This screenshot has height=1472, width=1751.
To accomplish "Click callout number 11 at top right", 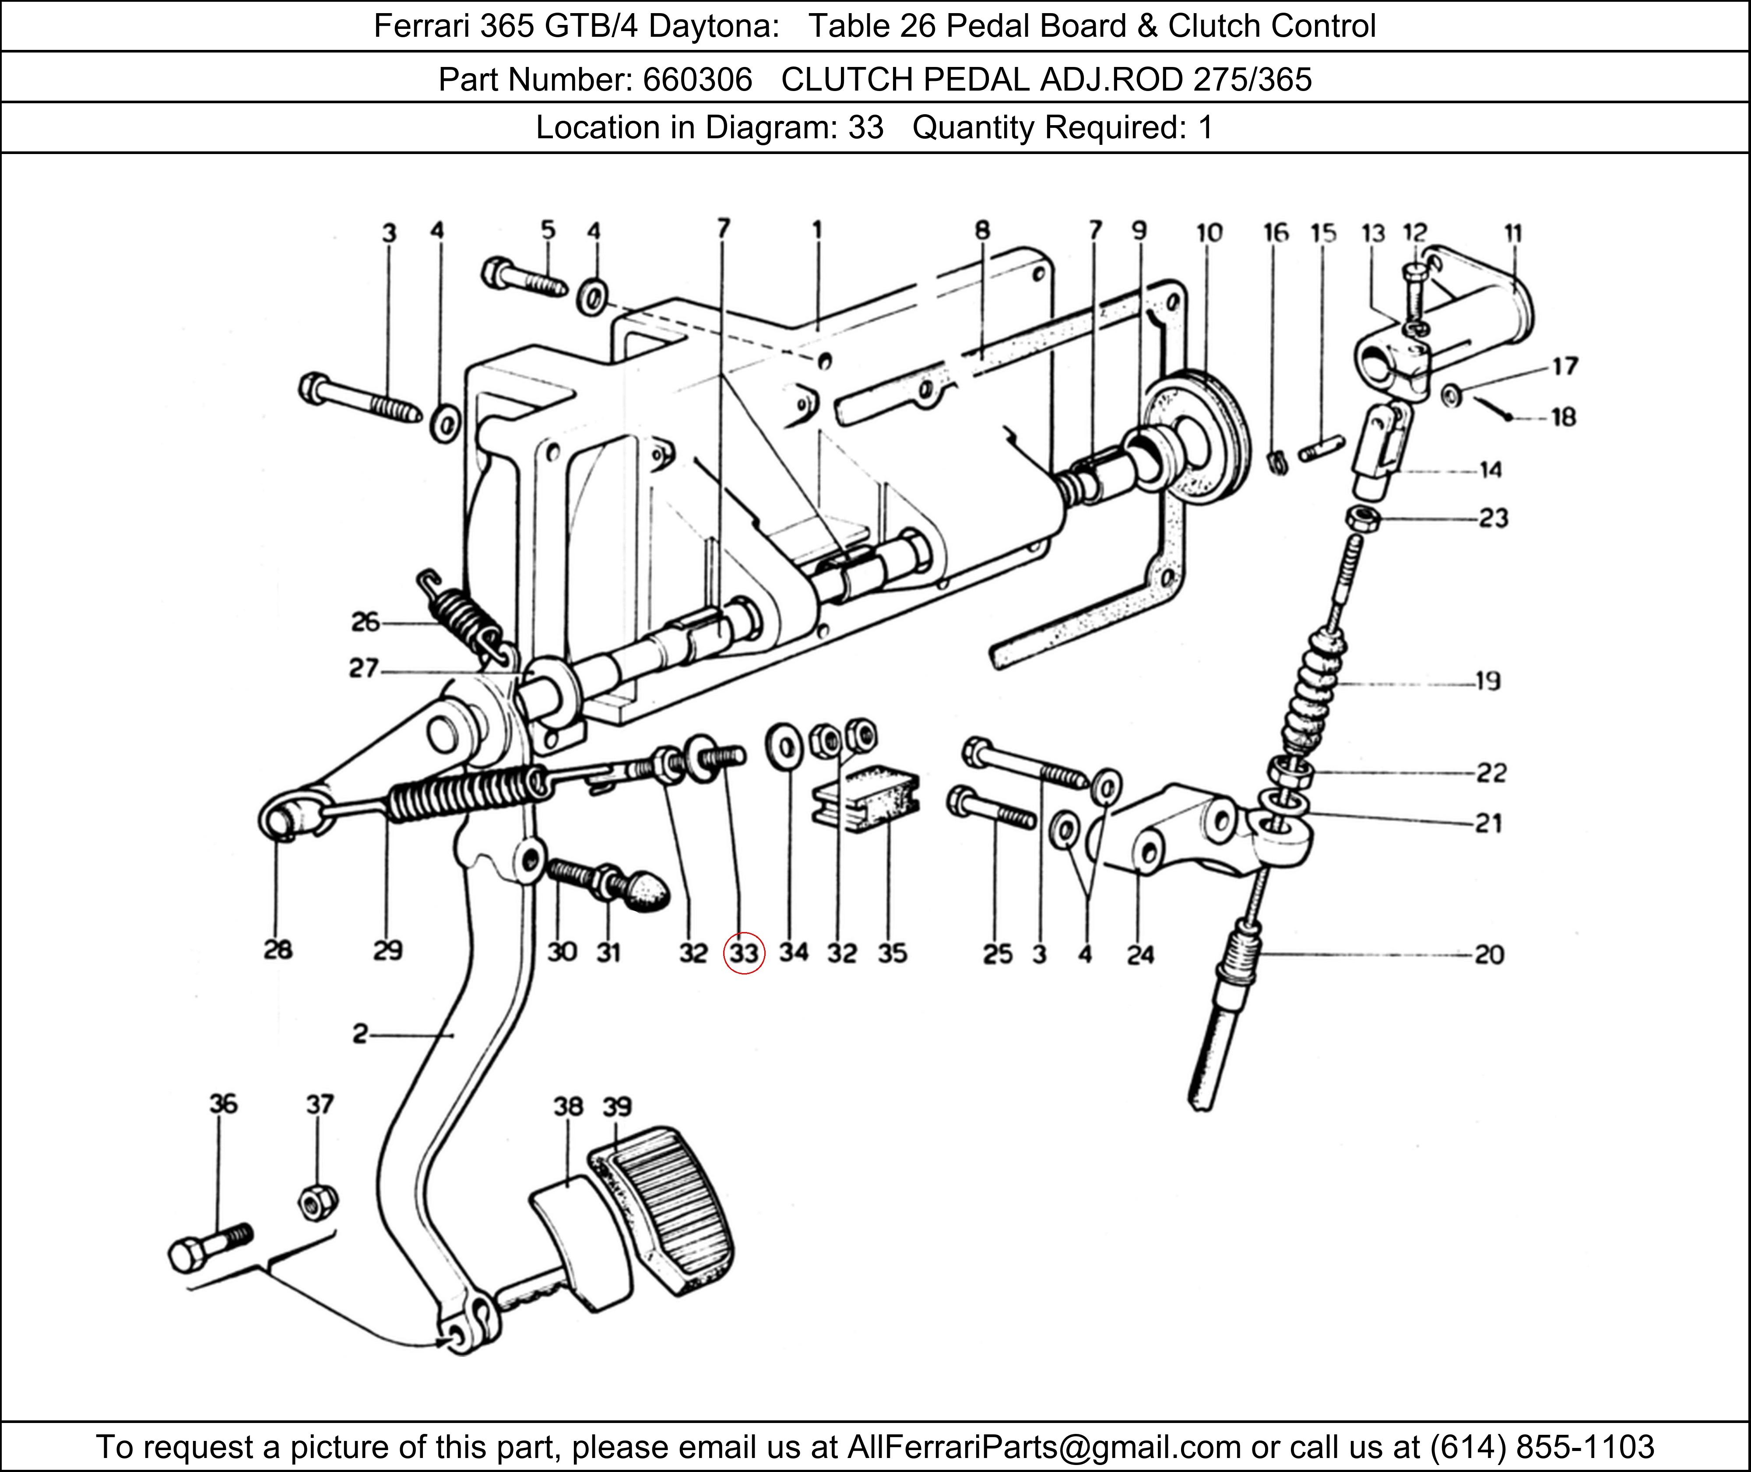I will coord(1513,233).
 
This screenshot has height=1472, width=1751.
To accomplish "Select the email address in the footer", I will coord(1043,1446).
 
